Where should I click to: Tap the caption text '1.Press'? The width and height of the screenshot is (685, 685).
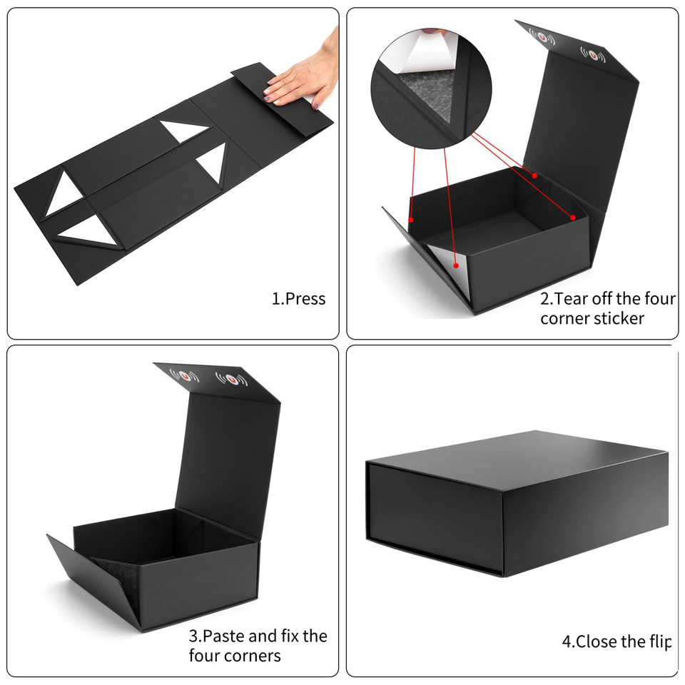[x=298, y=299]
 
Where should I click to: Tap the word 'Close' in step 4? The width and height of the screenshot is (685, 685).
[x=596, y=641]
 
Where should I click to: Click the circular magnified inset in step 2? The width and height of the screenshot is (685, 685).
[x=431, y=88]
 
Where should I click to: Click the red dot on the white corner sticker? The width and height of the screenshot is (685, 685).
[x=456, y=265]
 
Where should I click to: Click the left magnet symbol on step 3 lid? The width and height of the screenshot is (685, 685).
[x=184, y=375]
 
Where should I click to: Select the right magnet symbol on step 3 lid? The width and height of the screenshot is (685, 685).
[x=231, y=379]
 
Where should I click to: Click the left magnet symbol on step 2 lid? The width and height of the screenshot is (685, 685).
[x=542, y=37]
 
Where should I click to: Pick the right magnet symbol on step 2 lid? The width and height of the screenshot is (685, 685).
[x=593, y=55]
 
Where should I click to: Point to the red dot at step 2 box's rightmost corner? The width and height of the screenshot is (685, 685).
[x=573, y=218]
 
